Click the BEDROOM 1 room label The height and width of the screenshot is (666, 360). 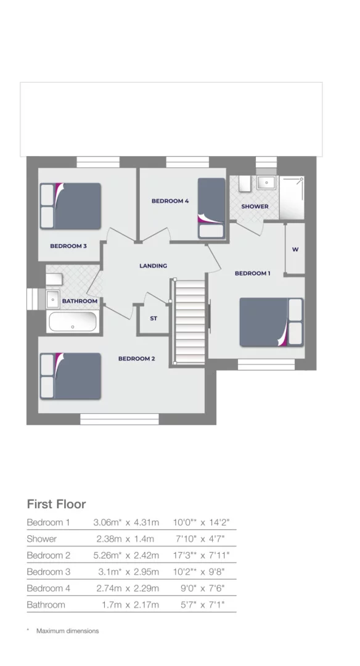point(252,273)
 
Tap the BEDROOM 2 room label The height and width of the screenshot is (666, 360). point(136,358)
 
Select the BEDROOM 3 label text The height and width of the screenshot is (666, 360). point(68,246)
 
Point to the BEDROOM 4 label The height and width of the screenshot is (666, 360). point(170,201)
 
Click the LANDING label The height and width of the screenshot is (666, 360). point(153,266)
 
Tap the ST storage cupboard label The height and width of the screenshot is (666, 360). point(153,319)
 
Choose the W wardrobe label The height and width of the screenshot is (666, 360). point(295,250)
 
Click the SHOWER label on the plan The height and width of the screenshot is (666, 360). point(255,207)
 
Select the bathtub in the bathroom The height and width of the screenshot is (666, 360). point(72,322)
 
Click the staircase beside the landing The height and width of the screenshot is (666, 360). point(190,322)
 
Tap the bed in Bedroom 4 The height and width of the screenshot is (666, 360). point(211,208)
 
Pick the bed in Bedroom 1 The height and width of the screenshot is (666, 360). point(271,322)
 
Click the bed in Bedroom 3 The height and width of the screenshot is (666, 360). point(70,206)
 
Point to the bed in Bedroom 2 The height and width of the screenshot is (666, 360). point(70,376)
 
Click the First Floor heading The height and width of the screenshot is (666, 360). point(56,504)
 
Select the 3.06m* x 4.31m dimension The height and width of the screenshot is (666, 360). point(126,522)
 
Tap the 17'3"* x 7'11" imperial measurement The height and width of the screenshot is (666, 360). point(202,556)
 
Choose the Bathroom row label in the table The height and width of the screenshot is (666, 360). point(46,605)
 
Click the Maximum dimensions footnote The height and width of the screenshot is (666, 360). point(67,631)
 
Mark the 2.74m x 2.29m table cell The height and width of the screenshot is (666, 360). point(128,588)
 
